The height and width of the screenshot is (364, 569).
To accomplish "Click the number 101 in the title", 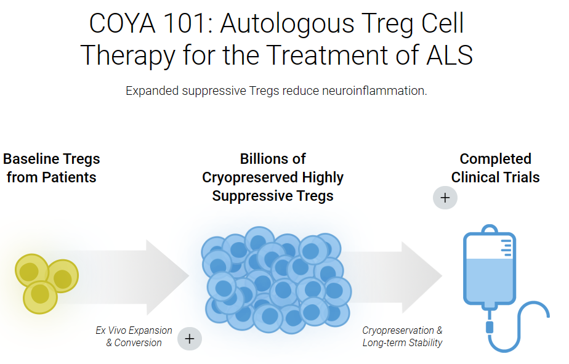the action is [185, 23].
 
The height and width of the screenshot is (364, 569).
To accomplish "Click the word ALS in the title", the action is [450, 55].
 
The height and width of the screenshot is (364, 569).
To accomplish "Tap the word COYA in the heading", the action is [123, 23].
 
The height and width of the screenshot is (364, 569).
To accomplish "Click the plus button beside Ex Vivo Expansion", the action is [190, 339].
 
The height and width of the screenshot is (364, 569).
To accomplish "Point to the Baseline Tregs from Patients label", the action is [52, 168].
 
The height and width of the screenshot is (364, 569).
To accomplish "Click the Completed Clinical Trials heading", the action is [495, 168].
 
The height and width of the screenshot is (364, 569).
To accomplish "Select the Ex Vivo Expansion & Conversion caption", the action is [134, 336].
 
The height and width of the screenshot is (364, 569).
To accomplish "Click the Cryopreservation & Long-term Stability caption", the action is [402, 336].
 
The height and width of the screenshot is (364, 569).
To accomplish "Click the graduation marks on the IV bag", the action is [507, 248].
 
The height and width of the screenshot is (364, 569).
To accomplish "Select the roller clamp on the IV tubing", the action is [490, 326].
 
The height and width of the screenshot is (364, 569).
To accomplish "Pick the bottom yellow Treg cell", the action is [40, 297].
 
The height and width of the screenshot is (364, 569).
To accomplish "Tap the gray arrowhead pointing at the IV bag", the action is [422, 277].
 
